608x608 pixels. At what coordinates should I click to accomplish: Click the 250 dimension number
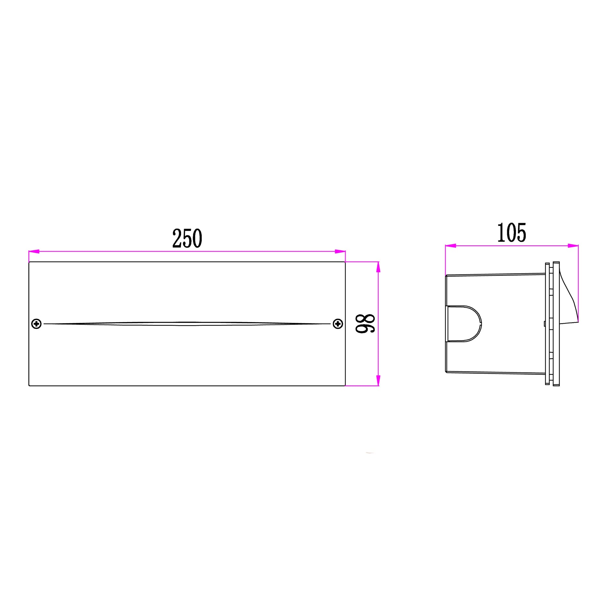tap(187, 238)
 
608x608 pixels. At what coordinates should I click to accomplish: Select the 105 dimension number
tap(511, 232)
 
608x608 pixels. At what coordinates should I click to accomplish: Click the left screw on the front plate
tap(36, 324)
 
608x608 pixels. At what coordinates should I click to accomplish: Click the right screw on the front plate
tap(338, 324)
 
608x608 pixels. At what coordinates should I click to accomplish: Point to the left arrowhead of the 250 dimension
tap(34, 251)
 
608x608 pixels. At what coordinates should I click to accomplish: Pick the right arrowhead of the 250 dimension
tap(340, 251)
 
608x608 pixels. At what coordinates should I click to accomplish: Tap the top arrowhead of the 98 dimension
tap(378, 267)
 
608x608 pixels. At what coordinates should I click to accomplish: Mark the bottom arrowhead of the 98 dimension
tap(378, 381)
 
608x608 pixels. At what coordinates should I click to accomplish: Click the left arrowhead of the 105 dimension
tap(450, 246)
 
